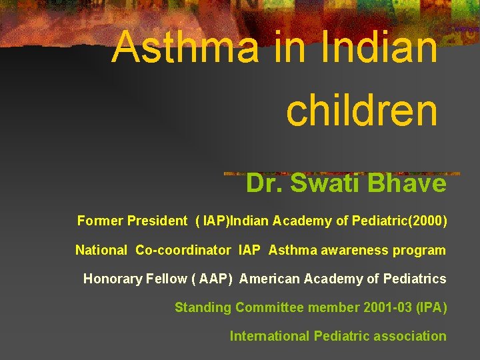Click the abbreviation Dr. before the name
pyautogui.click(x=264, y=183)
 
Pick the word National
pyautogui.click(x=101, y=251)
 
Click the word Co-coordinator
pyautogui.click(x=183, y=251)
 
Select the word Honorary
pyautogui.click(x=112, y=279)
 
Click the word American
pyautogui.click(x=269, y=279)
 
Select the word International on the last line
pyautogui.click(x=269, y=336)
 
